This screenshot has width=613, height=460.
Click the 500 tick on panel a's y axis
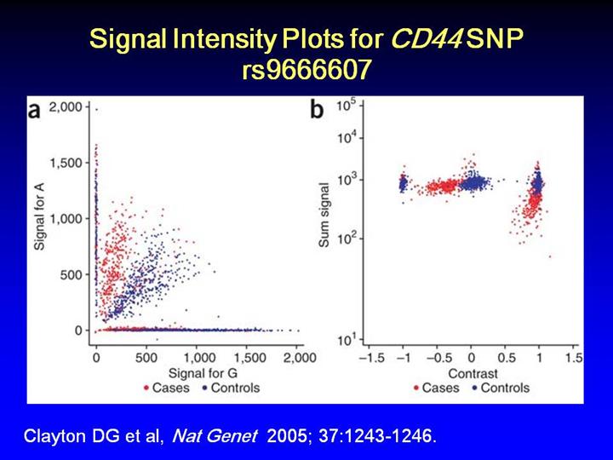tap(74, 274)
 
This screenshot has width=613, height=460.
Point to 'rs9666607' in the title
tap(306, 70)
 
